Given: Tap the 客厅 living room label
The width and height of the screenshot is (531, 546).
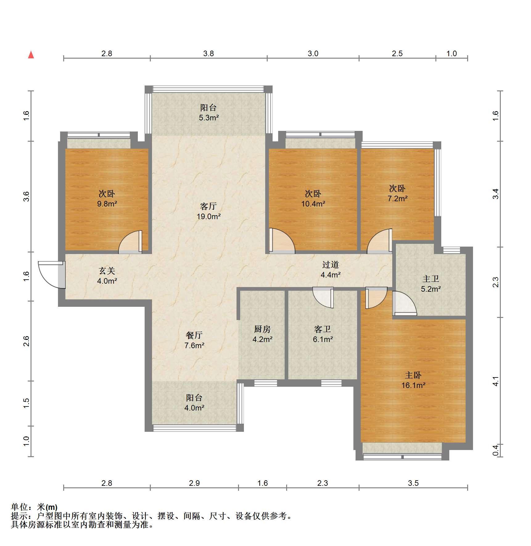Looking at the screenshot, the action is [208, 206].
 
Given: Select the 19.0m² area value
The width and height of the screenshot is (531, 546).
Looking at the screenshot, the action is [209, 216].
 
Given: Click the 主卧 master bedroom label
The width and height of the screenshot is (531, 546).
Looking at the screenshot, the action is [413, 375].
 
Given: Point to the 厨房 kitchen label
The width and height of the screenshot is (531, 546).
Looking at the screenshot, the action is [262, 329].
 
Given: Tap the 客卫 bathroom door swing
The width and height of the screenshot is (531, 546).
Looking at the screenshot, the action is [323, 297].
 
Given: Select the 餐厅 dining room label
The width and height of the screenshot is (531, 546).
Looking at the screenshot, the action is [194, 335].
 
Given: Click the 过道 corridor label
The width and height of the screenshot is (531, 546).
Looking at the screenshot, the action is [331, 265].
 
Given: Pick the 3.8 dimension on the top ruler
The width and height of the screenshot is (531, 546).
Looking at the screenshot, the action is [208, 53].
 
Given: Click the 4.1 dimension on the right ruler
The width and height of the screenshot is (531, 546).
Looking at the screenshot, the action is [495, 381].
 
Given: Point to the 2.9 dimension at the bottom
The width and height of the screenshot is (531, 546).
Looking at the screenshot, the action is [194, 483].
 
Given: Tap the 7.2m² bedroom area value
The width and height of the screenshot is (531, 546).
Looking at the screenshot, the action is [397, 198].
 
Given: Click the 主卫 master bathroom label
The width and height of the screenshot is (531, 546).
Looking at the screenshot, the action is [431, 279].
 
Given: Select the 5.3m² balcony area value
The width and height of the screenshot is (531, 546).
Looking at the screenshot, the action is [209, 118].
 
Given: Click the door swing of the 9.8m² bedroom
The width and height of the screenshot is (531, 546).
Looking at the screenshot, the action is [130, 242].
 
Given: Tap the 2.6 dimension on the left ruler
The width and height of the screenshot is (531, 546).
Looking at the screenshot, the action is [27, 341].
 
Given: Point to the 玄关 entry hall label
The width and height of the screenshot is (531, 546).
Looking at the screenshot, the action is [107, 271].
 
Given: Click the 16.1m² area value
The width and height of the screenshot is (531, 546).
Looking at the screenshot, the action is [413, 385].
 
